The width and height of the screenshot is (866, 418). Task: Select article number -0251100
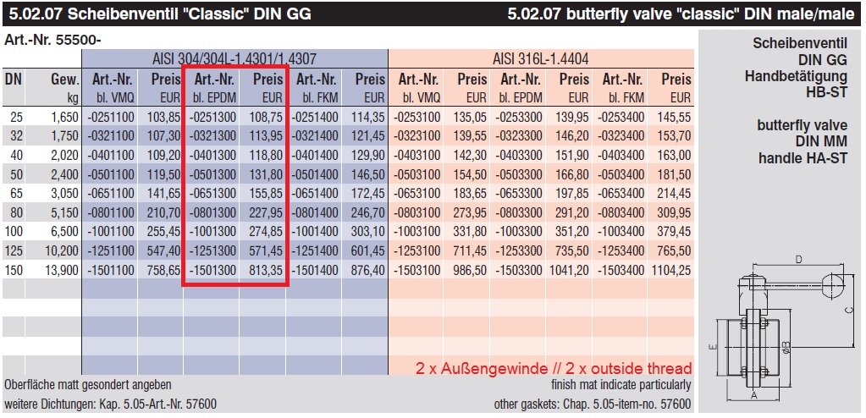(109, 116)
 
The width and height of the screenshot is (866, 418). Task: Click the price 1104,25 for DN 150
(671, 271)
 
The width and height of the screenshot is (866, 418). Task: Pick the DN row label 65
(15, 193)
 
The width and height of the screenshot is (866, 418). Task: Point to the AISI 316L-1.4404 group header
(540, 59)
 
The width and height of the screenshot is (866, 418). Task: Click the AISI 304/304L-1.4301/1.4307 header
(234, 59)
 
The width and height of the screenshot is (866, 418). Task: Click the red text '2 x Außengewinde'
(477, 369)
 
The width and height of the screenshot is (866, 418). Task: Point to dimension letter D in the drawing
(797, 258)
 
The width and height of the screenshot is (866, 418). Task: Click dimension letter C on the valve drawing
(847, 311)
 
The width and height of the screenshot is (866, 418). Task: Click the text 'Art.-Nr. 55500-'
(47, 40)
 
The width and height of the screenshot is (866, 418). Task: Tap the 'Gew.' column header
(65, 80)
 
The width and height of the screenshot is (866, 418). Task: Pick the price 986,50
(471, 271)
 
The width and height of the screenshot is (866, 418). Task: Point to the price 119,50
(164, 173)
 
